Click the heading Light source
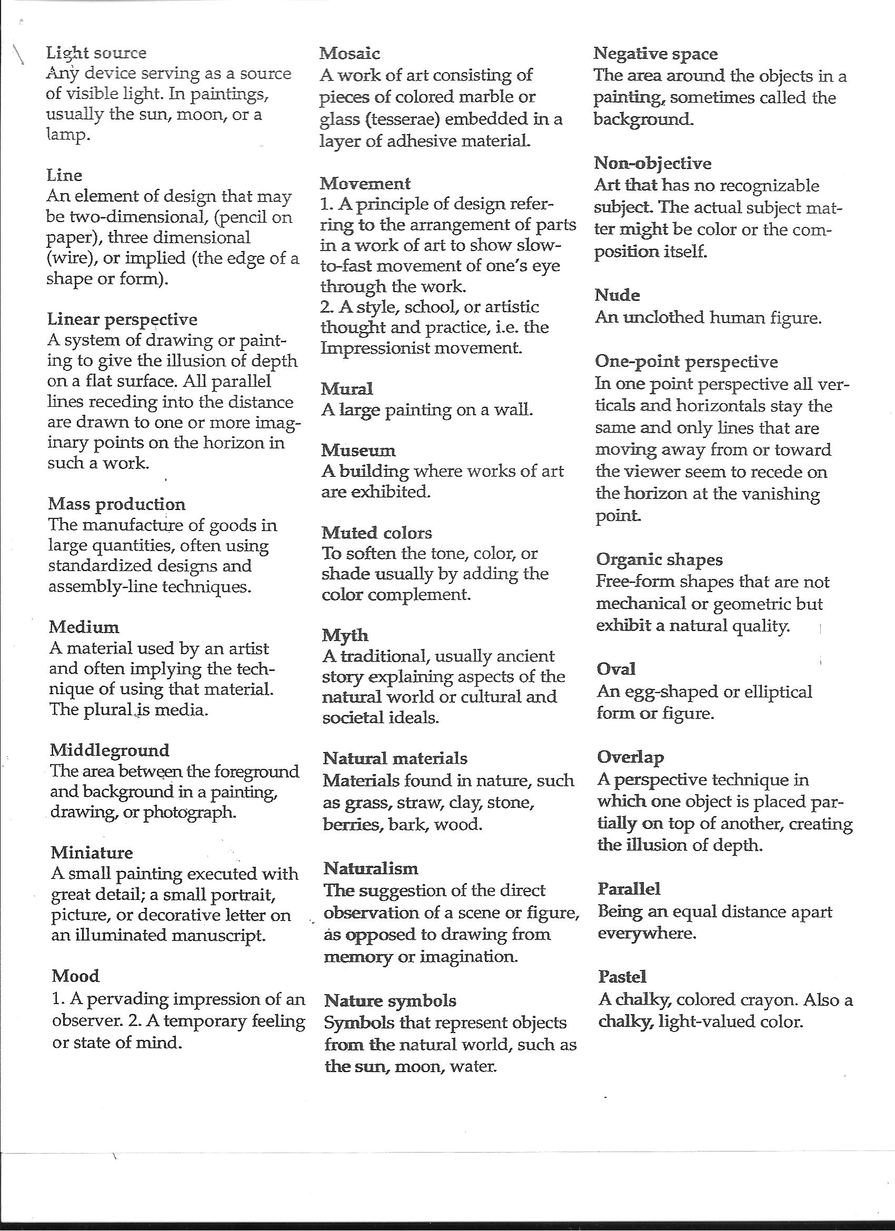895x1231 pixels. tap(96, 53)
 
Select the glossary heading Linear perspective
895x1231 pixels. tap(122, 319)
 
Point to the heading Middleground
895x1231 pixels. tap(110, 750)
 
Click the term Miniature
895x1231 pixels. tap(92, 853)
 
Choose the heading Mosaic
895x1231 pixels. tap(350, 53)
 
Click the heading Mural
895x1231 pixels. tap(347, 388)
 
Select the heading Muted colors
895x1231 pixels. tap(377, 533)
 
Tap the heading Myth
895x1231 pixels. tap(345, 635)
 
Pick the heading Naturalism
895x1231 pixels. tap(371, 868)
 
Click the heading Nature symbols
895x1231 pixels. tap(391, 1000)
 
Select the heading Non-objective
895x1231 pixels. tap(653, 163)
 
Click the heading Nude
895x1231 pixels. tap(618, 295)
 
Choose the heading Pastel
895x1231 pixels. tap(622, 977)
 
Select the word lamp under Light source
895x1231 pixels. tap(65, 135)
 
